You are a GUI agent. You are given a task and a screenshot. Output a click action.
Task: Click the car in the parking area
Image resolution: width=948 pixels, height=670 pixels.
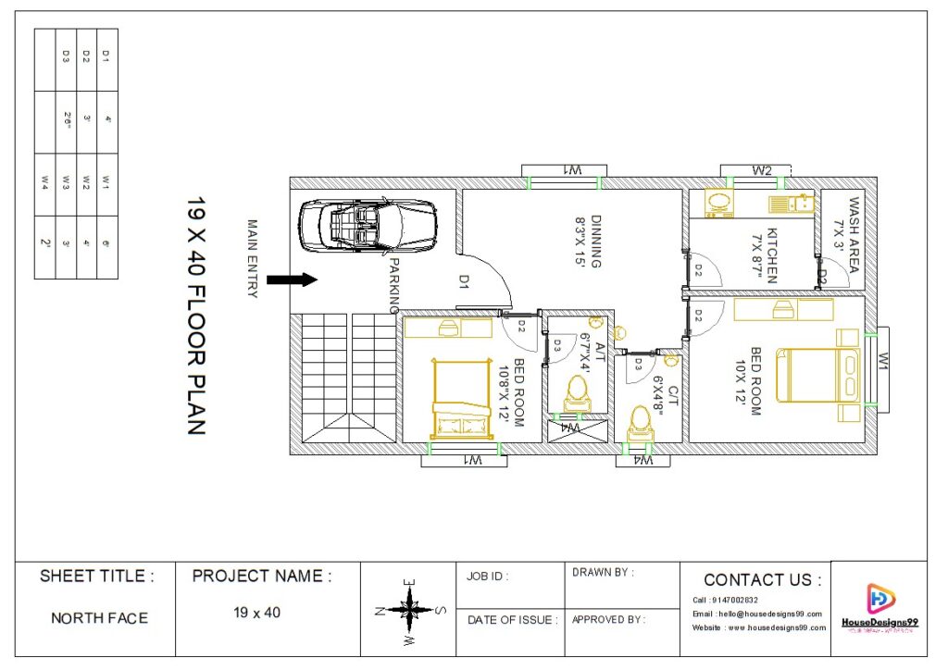(x=367, y=225)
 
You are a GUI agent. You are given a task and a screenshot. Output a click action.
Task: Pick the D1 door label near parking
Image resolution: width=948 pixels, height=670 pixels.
(x=464, y=280)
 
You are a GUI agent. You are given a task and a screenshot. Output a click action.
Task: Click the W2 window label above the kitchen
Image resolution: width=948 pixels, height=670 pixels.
(x=761, y=170)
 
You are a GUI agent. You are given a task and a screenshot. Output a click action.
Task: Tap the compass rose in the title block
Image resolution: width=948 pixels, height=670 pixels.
(x=408, y=610)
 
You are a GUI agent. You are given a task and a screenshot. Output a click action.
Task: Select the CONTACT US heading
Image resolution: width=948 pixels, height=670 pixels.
(x=761, y=580)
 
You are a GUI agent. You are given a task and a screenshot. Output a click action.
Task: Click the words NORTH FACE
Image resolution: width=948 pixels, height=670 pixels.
(x=98, y=617)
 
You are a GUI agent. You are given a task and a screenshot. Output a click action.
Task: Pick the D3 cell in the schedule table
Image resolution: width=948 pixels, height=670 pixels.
(x=66, y=56)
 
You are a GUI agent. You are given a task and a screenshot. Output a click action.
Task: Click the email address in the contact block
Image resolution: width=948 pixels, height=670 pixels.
(x=756, y=614)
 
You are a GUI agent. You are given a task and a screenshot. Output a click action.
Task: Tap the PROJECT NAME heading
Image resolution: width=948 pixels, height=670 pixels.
(x=261, y=577)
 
